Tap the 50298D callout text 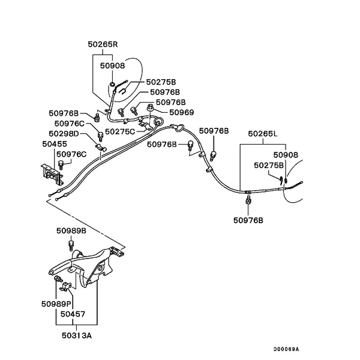[x=64, y=133]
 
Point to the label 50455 [x=55, y=144]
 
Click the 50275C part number [x=120, y=131]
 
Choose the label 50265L [x=262, y=133]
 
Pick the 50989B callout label [x=71, y=230]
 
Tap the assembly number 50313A [x=77, y=335]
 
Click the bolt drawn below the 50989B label [x=71, y=245]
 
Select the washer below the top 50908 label [x=112, y=83]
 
